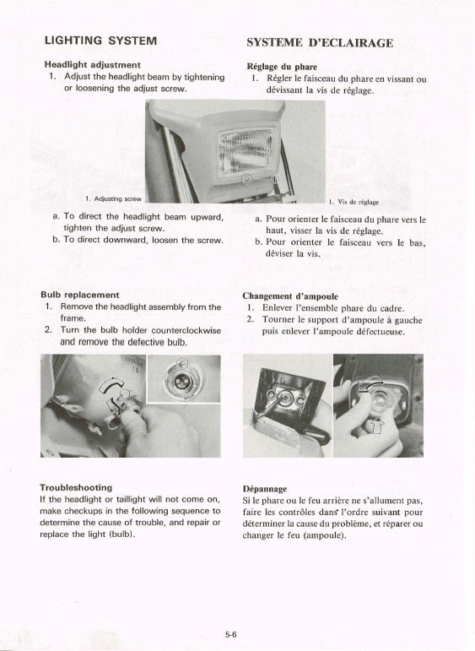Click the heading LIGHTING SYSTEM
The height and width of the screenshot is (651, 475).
(100, 41)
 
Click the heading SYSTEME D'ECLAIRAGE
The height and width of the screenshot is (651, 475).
(320, 43)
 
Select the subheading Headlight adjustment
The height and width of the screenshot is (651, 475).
(93, 65)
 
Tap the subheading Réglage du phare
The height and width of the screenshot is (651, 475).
(282, 67)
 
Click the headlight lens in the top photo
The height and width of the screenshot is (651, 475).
(246, 150)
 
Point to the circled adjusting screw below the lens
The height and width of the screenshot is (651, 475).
(247, 179)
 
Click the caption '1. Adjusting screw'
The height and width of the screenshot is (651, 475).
(113, 199)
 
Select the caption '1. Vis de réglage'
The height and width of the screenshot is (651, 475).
(354, 202)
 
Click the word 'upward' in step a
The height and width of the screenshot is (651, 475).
(207, 217)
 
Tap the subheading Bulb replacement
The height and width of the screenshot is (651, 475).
(79, 295)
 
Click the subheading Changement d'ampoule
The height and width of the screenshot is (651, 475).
(290, 296)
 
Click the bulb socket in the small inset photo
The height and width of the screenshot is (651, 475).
(181, 380)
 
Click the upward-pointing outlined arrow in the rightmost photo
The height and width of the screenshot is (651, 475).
(376, 426)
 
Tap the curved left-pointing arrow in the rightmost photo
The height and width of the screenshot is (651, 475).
(370, 383)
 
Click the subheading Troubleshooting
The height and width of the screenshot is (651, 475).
(76, 487)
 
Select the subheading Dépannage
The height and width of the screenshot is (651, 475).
(265, 489)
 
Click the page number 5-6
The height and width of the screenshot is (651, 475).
(231, 634)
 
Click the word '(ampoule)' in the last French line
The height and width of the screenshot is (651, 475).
(325, 535)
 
